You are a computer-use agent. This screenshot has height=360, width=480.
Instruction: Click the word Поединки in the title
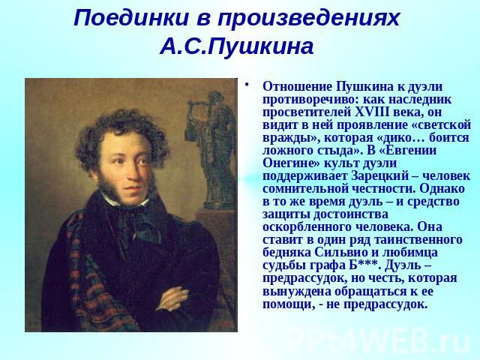(x=130, y=18)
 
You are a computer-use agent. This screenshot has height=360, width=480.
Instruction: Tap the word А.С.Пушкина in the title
(x=237, y=46)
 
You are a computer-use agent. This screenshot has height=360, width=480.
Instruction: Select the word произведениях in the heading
(x=308, y=19)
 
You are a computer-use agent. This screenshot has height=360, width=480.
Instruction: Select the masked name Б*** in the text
(x=364, y=265)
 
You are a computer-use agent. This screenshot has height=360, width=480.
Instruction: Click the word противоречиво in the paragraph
(x=307, y=100)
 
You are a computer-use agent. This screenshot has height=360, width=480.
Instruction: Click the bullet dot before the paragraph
(x=247, y=84)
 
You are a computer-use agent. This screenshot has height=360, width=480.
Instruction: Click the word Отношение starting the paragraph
(x=297, y=87)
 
